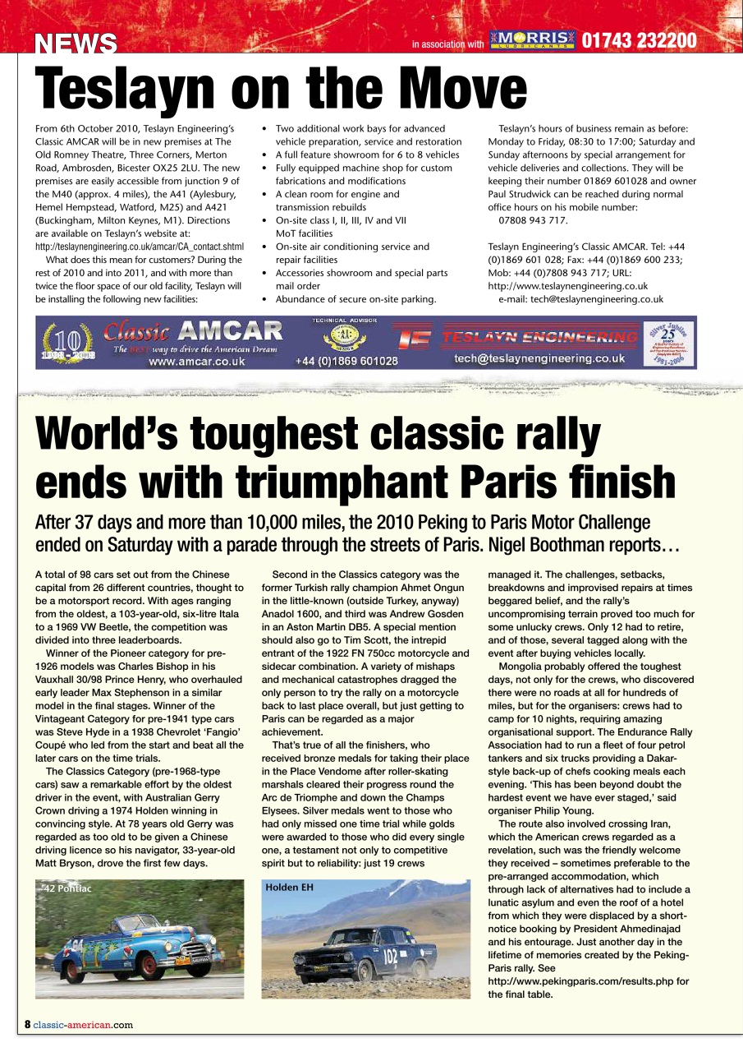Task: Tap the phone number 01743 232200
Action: click(x=640, y=41)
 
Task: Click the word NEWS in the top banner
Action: click(x=76, y=44)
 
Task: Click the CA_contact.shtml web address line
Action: click(x=140, y=247)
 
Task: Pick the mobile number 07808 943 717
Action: click(x=533, y=220)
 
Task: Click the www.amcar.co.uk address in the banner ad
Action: click(x=196, y=361)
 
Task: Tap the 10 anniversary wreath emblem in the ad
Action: click(x=69, y=344)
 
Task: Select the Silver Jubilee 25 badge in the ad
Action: click(x=669, y=343)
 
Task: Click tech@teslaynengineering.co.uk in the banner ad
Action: click(x=539, y=358)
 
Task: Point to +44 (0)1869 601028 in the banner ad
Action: click(x=346, y=361)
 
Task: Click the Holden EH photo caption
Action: click(x=290, y=888)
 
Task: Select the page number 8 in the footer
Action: click(x=27, y=1024)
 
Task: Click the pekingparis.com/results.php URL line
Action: click(x=588, y=981)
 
